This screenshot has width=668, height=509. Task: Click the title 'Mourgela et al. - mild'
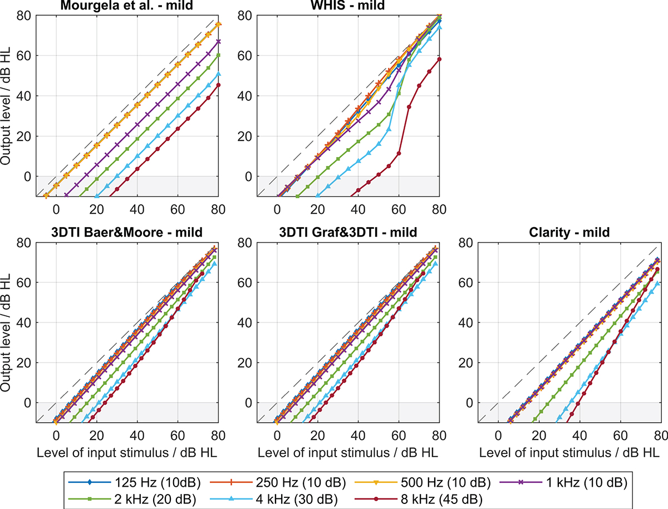126,6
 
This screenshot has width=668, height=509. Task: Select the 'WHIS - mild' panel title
347,6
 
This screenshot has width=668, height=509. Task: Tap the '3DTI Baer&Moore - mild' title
126,232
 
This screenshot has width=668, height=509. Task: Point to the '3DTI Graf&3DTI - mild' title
348,232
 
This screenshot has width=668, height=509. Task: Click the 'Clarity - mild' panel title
569,232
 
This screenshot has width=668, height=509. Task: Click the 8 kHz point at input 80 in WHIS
439,59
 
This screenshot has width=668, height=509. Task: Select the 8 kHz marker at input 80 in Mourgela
218,85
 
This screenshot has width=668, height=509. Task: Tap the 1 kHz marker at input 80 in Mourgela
218,41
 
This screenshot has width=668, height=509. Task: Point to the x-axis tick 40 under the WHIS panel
358,209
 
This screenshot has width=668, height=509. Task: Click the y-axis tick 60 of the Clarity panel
465,282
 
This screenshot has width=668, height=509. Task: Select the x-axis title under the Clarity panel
569,453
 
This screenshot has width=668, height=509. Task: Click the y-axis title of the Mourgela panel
6,106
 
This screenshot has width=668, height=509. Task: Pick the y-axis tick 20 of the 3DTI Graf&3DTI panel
244,363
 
